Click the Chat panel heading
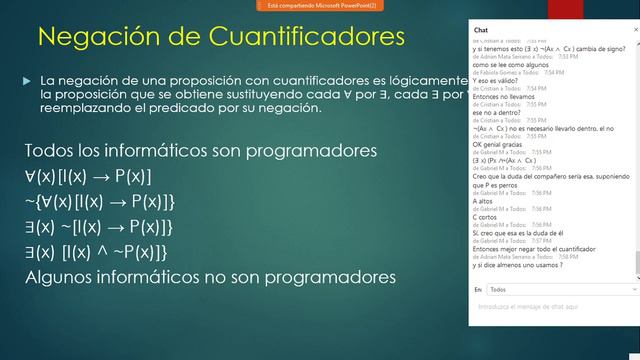click(x=481, y=31)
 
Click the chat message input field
click(x=550, y=306)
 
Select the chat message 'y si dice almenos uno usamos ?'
click(x=516, y=265)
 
